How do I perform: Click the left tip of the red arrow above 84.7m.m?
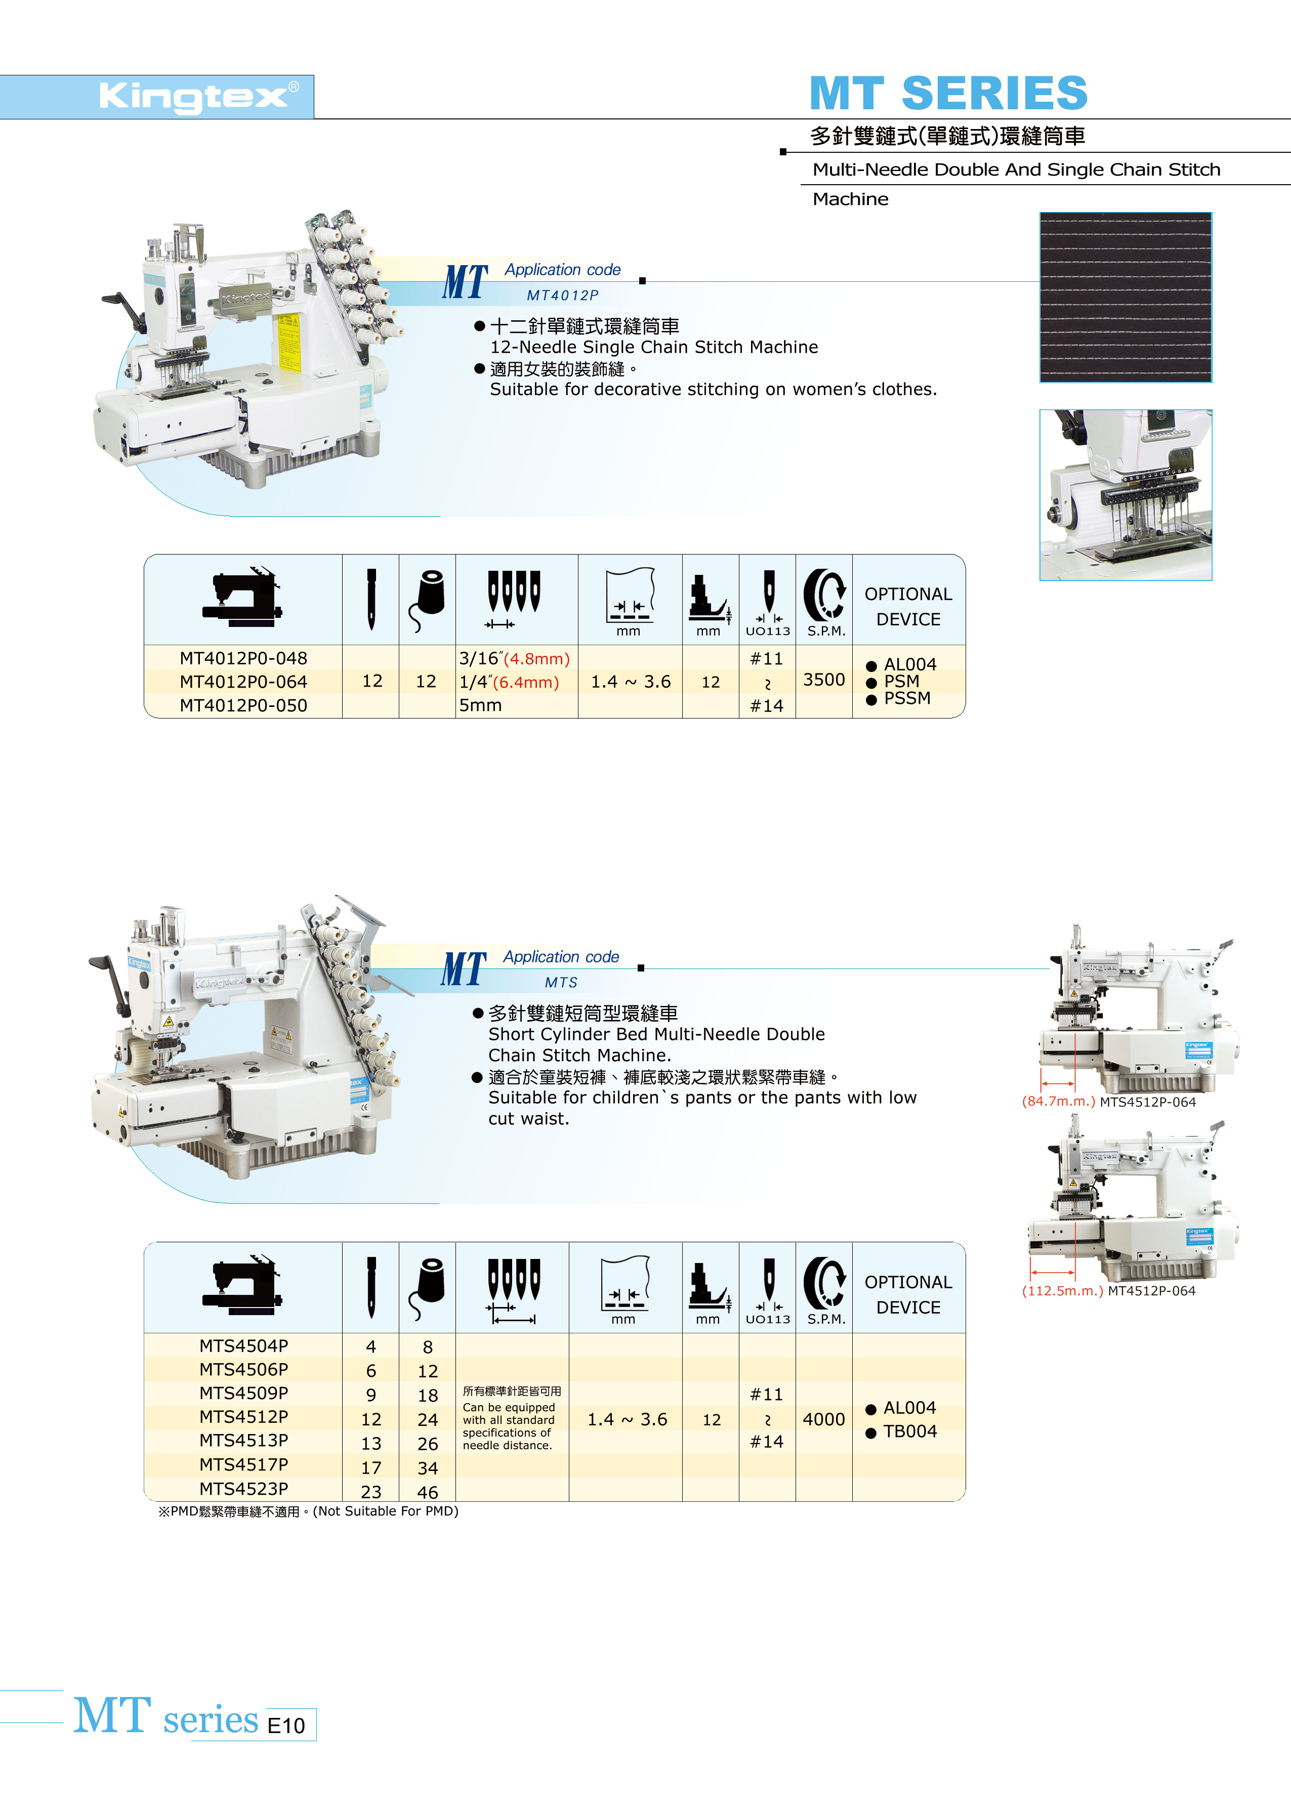click(1042, 1083)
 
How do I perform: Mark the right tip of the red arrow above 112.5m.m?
click(1075, 1272)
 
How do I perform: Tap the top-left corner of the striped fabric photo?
click(1040, 212)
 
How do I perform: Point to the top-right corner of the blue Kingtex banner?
click(314, 75)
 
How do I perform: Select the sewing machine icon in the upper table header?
click(242, 598)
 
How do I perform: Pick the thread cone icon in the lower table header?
click(427, 1287)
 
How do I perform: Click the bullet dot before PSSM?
click(871, 699)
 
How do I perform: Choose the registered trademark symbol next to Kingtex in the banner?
click(294, 86)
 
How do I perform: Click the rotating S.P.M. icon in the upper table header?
click(824, 595)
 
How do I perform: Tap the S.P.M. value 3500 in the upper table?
click(823, 680)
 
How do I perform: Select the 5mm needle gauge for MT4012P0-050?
click(480, 705)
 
